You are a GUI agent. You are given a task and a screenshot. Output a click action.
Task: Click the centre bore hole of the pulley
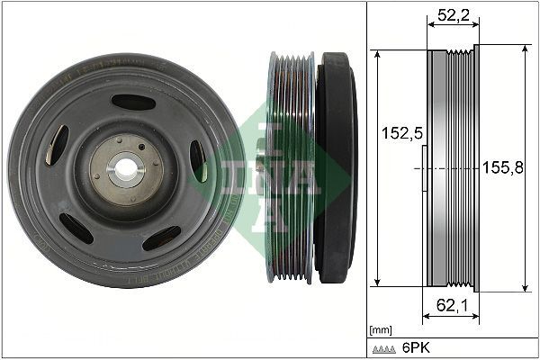[125, 168]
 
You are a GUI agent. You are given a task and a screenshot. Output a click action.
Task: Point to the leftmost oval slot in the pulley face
[57, 144]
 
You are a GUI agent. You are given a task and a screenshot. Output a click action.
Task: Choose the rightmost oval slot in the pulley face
[198, 160]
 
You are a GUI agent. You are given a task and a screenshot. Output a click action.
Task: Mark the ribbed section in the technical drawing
[463, 168]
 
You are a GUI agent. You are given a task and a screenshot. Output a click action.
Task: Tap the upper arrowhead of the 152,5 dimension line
[378, 53]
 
